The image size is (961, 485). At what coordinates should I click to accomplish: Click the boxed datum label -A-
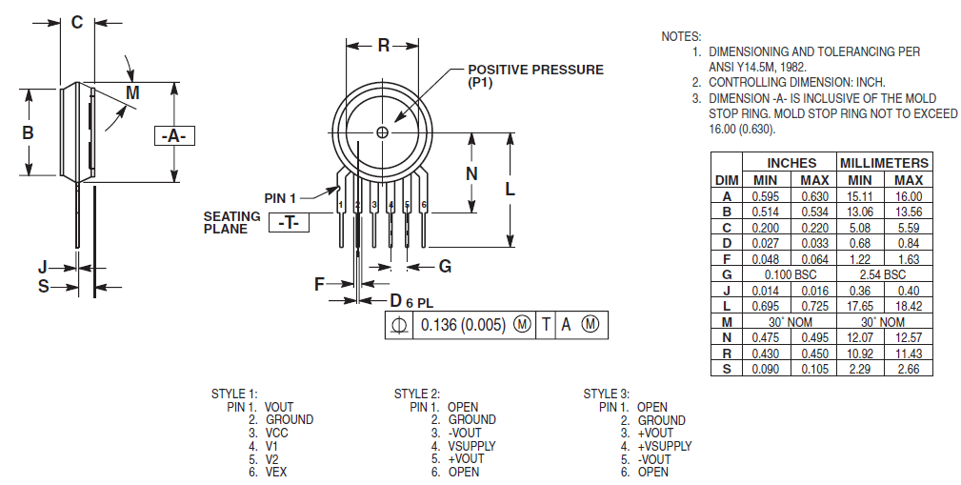pyautogui.click(x=173, y=136)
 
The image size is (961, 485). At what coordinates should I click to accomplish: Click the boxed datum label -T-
pyautogui.click(x=290, y=223)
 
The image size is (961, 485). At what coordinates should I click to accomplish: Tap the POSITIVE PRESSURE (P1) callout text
pyautogui.click(x=535, y=76)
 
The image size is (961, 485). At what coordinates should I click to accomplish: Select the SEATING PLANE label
pyautogui.click(x=231, y=223)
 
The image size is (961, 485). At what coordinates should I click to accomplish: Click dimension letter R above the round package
pyautogui.click(x=383, y=45)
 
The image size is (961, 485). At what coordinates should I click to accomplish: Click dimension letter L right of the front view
pyautogui.click(x=511, y=189)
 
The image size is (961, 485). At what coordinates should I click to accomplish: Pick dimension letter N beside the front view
pyautogui.click(x=471, y=173)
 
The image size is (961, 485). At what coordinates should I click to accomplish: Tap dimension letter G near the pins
pyautogui.click(x=445, y=265)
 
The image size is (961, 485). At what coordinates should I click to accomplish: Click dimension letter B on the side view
pyautogui.click(x=29, y=132)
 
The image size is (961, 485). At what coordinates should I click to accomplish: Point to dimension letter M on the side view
pyautogui.click(x=132, y=92)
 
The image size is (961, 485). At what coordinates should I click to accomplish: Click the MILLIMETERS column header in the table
pyautogui.click(x=884, y=163)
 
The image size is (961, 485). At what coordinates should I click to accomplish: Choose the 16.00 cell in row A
pyautogui.click(x=909, y=196)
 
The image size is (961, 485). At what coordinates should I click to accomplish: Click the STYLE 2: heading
pyautogui.click(x=417, y=394)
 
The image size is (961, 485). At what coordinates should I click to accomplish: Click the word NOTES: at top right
pyautogui.click(x=681, y=36)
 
